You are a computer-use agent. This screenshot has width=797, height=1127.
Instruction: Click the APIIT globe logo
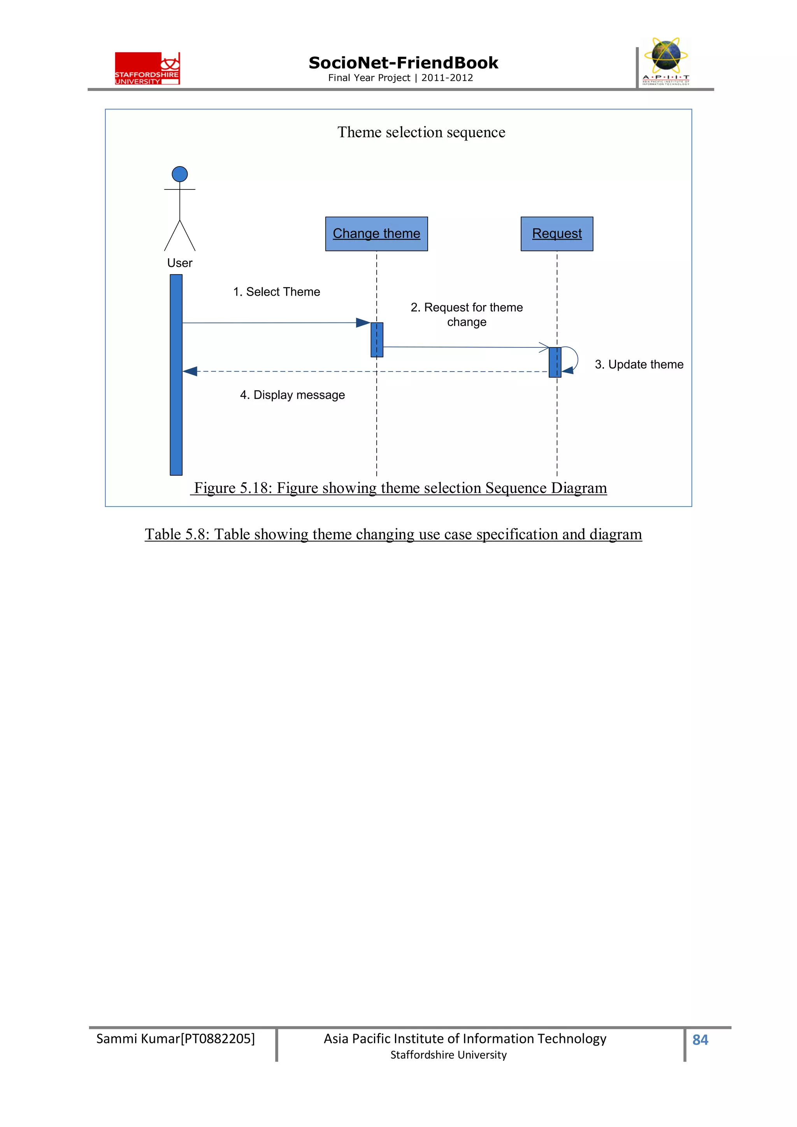tap(665, 61)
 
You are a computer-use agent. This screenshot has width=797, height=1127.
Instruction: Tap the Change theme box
tap(376, 234)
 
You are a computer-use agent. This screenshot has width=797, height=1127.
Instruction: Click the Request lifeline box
tap(556, 234)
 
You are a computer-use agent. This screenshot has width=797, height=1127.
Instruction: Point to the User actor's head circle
tap(180, 174)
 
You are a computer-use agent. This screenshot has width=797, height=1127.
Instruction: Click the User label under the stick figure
tap(180, 263)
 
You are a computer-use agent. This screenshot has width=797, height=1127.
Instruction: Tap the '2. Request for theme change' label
tap(467, 314)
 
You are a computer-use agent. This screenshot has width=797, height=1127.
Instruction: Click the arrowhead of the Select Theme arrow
tap(363, 323)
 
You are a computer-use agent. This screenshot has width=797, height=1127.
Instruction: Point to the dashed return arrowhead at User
tap(190, 372)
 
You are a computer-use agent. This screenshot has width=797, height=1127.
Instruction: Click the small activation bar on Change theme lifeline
tap(377, 339)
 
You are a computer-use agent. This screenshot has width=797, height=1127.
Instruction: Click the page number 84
tap(700, 1039)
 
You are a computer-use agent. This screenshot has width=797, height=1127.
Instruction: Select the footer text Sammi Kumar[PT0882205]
tap(175, 1039)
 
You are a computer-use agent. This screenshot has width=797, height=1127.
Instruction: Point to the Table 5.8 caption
tap(393, 534)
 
